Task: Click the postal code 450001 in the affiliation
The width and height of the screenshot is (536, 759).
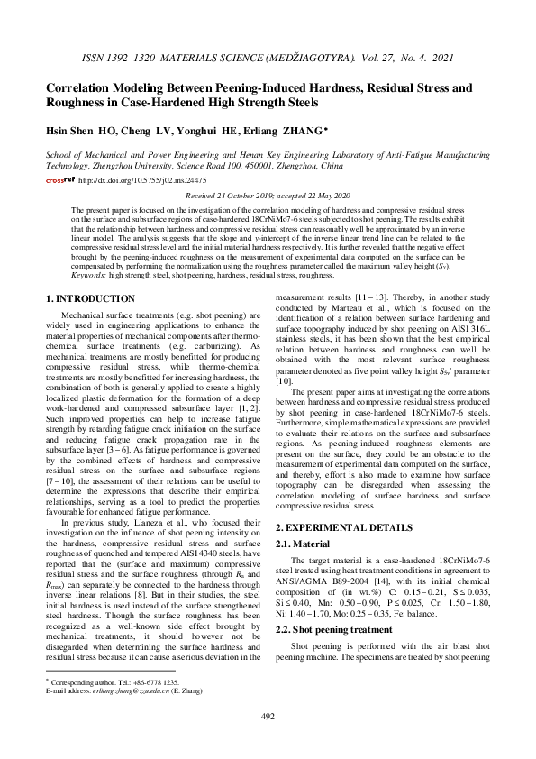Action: click(x=251, y=167)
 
